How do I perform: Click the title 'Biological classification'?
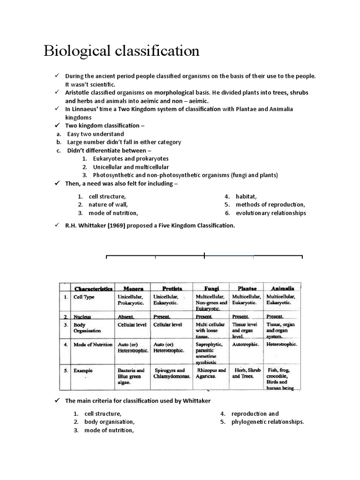pyautogui.click(x=121, y=51)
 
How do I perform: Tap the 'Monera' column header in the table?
pyautogui.click(x=133, y=288)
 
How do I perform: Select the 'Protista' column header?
pyautogui.click(x=172, y=288)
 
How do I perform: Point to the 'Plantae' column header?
pyautogui.click(x=247, y=288)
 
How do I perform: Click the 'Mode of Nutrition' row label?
pyautogui.click(x=93, y=345)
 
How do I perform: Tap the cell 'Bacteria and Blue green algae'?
pyautogui.click(x=131, y=376)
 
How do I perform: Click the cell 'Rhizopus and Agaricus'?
pyautogui.click(x=211, y=373)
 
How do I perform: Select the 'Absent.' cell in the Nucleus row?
pyautogui.click(x=126, y=317)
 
